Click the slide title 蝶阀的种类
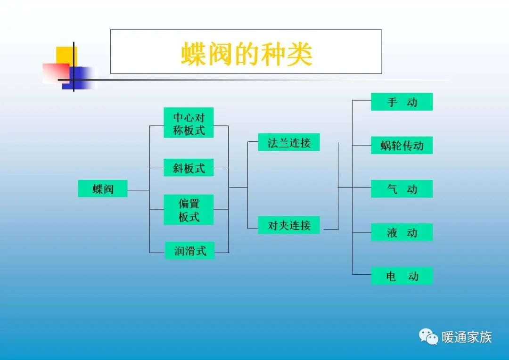[246, 55]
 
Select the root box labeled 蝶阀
[103, 189]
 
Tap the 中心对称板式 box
[189, 123]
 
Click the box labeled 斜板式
[189, 168]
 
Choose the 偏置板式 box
[189, 210]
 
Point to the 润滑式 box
[190, 251]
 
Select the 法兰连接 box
[289, 142]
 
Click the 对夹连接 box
[289, 225]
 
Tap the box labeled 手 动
[402, 102]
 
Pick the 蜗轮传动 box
[402, 146]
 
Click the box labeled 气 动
[402, 189]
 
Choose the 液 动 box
[402, 232]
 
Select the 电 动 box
[402, 276]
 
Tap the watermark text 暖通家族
[467, 337]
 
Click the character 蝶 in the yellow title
[194, 55]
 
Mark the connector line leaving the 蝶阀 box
[138, 190]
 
